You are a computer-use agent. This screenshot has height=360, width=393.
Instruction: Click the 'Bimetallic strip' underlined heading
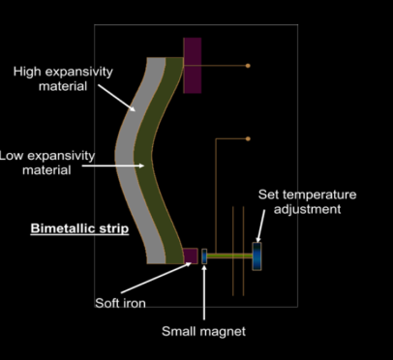[79, 228]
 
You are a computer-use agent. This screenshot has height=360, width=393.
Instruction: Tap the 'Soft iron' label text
[120, 303]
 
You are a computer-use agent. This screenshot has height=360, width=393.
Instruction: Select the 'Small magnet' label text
[203, 331]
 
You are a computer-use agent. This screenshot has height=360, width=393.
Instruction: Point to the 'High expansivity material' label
[63, 78]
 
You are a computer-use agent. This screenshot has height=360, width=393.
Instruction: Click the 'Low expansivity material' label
[46, 163]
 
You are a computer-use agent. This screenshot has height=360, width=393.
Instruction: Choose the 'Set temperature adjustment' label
[307, 202]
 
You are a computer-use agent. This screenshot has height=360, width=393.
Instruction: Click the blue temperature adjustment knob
[257, 256]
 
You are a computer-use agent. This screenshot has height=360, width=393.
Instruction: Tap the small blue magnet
[204, 256]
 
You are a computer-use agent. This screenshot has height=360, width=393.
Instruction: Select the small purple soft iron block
[191, 255]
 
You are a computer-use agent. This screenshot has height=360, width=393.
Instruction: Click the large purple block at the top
[193, 66]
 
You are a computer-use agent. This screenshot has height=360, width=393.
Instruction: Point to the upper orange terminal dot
[248, 66]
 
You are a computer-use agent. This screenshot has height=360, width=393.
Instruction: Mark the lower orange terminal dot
[248, 138]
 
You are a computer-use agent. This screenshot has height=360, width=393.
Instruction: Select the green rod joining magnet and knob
[229, 255]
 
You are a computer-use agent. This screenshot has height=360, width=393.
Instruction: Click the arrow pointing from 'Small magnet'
[204, 292]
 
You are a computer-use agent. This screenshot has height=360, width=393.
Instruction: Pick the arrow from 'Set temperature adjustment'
[260, 225]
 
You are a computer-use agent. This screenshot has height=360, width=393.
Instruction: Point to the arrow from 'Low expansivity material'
[113, 165]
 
